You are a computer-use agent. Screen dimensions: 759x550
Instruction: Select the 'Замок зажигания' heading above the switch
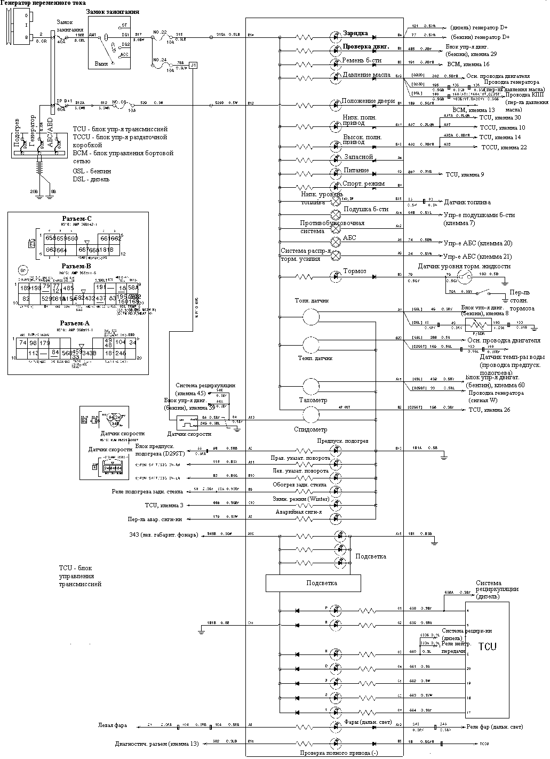pyautogui.click(x=113, y=12)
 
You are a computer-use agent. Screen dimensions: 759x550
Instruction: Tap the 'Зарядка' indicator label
pyautogui.click(x=355, y=33)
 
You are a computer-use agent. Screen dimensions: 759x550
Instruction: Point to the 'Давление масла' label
pyautogui.click(x=366, y=75)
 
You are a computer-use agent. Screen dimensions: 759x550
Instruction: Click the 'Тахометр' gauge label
pyautogui.click(x=314, y=400)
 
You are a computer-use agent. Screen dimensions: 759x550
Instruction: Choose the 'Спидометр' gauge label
pyautogui.click(x=310, y=429)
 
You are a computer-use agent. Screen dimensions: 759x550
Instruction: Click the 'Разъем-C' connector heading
pyautogui.click(x=76, y=219)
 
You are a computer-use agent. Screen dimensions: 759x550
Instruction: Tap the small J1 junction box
pyautogui.click(x=194, y=65)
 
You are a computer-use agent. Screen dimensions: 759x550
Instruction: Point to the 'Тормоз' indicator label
pyautogui.click(x=355, y=271)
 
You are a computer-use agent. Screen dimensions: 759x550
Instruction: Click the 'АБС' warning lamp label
pyautogui.click(x=349, y=238)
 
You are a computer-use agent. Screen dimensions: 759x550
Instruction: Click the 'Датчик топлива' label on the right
pyautogui.click(x=467, y=203)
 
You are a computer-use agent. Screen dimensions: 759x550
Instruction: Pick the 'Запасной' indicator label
pyautogui.click(x=358, y=157)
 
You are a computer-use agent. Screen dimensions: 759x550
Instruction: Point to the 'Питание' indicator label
pyautogui.click(x=356, y=171)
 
